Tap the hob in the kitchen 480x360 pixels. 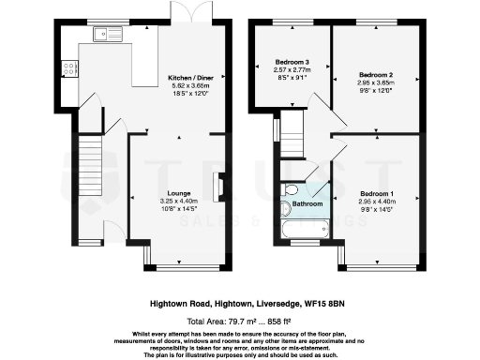click(x=68, y=67)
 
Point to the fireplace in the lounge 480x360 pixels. click(x=219, y=187)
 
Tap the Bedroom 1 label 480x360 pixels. click(x=376, y=193)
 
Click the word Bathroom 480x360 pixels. click(x=307, y=203)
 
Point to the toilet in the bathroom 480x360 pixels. click(x=290, y=192)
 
